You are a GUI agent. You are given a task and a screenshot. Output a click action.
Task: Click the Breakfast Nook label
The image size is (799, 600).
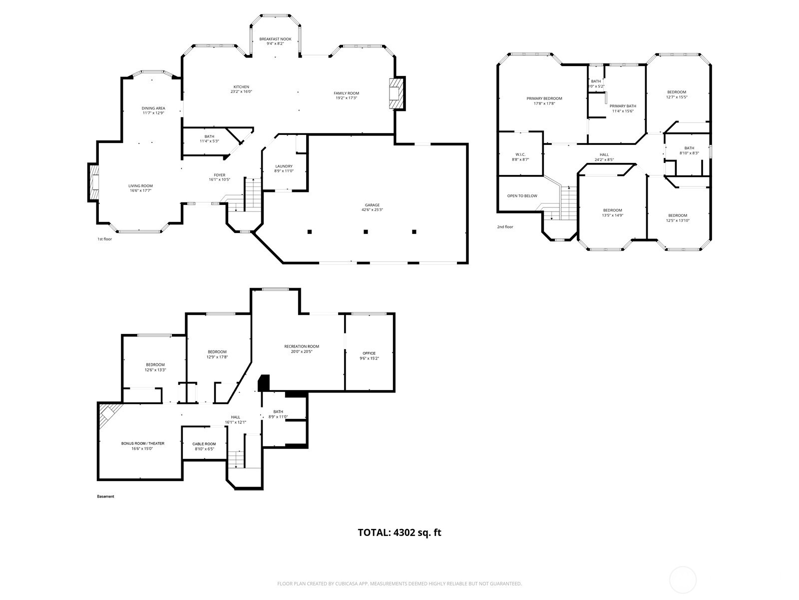pyautogui.click(x=275, y=39)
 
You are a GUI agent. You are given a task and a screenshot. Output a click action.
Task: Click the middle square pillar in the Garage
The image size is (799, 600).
pyautogui.click(x=366, y=231)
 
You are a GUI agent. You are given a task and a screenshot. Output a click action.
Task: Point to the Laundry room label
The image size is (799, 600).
pyautogui.click(x=284, y=166)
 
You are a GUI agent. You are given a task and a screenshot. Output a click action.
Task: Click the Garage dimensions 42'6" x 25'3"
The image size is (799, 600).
pyautogui.click(x=372, y=210)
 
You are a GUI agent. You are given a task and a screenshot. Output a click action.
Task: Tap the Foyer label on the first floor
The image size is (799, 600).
pyautogui.click(x=220, y=175)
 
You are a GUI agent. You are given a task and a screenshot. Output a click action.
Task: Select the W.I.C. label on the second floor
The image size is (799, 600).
pyautogui.click(x=520, y=154)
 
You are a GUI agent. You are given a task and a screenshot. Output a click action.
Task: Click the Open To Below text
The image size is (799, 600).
pyautogui.click(x=522, y=196)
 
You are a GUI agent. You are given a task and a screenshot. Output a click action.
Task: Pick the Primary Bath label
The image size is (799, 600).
pyautogui.click(x=623, y=106)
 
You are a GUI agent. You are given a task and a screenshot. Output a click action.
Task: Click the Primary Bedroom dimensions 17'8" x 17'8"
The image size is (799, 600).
pyautogui.click(x=544, y=103)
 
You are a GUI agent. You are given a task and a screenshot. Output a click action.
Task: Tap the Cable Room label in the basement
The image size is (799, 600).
pyautogui.click(x=204, y=444)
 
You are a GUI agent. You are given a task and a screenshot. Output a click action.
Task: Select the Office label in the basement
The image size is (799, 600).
pyautogui.click(x=369, y=353)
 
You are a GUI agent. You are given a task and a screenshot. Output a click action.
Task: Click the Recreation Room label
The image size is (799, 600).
pyautogui.click(x=302, y=346)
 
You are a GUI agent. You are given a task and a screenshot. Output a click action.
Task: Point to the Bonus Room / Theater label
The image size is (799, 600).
pyautogui.click(x=143, y=443)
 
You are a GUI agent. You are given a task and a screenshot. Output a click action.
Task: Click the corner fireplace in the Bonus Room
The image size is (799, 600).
pyautogui.click(x=107, y=414)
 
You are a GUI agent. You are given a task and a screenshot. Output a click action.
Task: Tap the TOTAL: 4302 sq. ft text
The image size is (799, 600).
pyautogui.click(x=399, y=532)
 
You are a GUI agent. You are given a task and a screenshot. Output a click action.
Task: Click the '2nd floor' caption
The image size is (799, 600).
pyautogui.click(x=505, y=227)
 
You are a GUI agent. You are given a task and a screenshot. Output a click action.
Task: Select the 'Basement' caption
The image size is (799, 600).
pyautogui.click(x=105, y=496)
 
